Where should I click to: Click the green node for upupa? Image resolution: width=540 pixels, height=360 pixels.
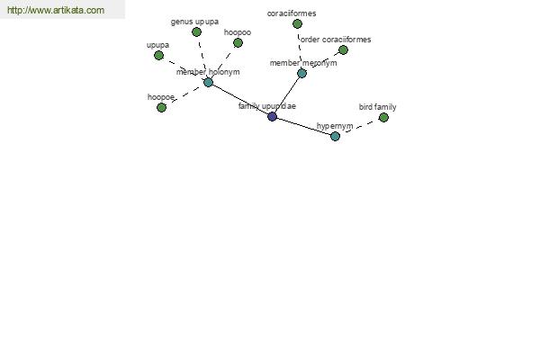pos(158,55)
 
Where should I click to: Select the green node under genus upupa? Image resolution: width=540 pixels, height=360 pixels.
pos(196,32)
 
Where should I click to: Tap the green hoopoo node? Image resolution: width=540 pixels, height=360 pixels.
pos(238,42)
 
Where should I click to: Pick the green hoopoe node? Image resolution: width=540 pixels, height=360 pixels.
pos(161,107)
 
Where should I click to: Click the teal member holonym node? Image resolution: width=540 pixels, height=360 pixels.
pos(208,82)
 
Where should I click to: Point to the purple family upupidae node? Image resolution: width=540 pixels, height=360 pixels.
pos(272,116)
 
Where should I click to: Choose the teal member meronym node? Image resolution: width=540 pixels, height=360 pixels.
pos(301,73)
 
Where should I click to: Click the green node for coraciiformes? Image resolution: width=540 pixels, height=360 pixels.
pos(297,23)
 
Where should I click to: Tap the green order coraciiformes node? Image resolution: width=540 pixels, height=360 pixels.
pos(343,50)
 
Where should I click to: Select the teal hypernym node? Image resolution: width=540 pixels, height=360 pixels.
pos(335,136)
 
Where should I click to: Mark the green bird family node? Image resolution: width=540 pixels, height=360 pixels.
pos(383,118)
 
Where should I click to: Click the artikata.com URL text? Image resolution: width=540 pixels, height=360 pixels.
pos(56,10)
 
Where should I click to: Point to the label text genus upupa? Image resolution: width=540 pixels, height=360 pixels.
pos(194,22)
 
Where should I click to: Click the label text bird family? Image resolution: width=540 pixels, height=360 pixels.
pos(377,107)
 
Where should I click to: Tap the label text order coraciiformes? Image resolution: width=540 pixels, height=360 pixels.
pos(336,40)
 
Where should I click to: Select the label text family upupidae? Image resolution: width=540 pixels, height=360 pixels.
pos(267,106)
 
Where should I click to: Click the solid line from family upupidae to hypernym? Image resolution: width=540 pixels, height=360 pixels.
pos(304,126)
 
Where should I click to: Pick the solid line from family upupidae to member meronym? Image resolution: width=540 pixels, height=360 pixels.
pos(287,94)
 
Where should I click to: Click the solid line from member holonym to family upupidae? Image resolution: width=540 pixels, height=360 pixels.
pos(240,99)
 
